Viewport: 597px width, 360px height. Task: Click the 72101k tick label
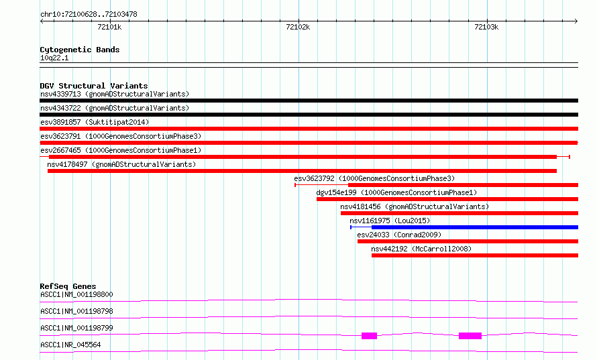109,27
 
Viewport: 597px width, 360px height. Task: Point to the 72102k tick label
298,27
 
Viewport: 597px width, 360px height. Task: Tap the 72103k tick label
486,27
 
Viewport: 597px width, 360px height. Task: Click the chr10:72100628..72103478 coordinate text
89,15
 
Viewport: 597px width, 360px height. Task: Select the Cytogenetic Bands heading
80,50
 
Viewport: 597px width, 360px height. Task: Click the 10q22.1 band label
54,58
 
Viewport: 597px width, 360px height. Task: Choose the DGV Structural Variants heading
94,86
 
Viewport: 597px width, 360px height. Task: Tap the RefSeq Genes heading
68,286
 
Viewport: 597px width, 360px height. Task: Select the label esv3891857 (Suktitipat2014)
95,122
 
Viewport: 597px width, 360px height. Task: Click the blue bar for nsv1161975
475,227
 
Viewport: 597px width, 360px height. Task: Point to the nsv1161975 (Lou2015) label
390,221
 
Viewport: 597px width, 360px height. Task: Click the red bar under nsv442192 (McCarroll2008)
475,255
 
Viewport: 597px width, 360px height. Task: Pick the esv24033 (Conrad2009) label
399,235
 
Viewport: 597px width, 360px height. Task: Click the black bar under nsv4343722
309,115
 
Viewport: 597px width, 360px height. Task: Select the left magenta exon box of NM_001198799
369,336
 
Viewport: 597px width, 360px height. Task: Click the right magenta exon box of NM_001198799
470,336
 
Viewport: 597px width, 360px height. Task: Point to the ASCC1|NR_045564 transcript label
70,345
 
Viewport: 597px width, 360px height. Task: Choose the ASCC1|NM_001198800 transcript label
76,294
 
